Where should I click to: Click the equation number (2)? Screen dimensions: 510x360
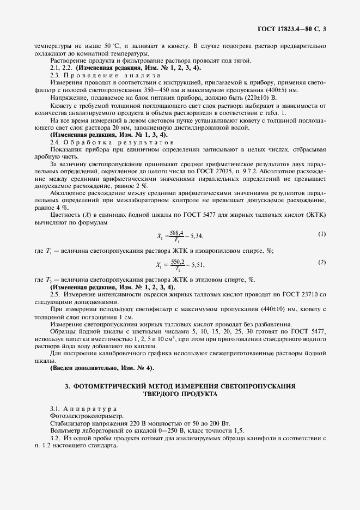tap(321, 262)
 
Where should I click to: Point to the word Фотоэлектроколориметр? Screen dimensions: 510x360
tap(82, 415)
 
